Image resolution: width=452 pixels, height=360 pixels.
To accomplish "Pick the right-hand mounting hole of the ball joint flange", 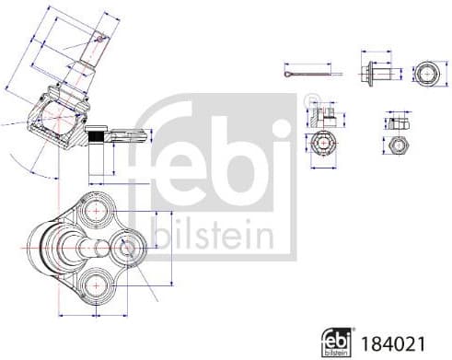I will (x=125, y=247).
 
